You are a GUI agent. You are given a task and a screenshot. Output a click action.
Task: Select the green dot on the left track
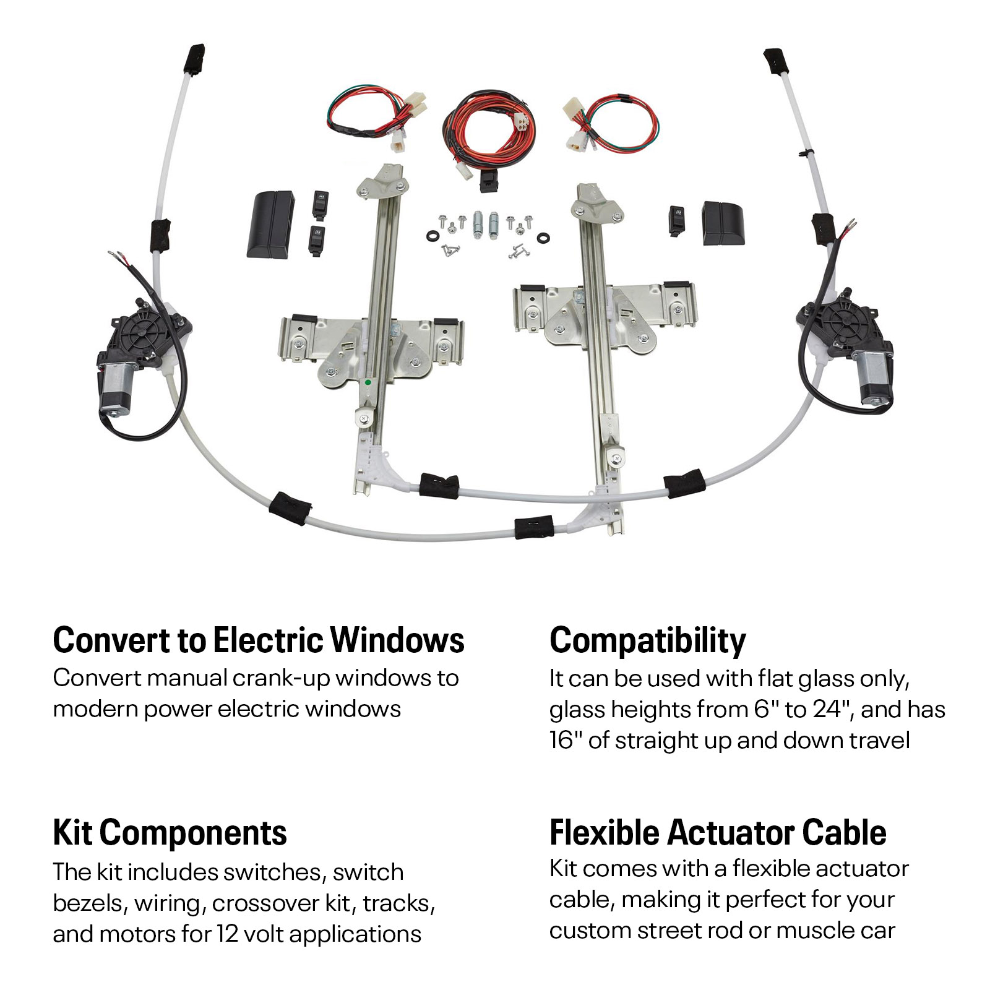coord(368,382)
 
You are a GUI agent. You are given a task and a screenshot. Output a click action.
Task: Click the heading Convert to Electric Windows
coord(259,640)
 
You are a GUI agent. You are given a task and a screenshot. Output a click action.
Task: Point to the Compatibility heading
coord(648,640)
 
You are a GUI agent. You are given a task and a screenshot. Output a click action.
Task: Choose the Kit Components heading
coord(170,832)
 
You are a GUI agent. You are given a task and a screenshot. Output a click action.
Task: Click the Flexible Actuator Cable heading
coord(718,832)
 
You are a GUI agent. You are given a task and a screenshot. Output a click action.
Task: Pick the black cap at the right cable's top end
coord(774,59)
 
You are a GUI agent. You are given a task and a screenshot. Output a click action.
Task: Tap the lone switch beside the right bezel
coord(677,220)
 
